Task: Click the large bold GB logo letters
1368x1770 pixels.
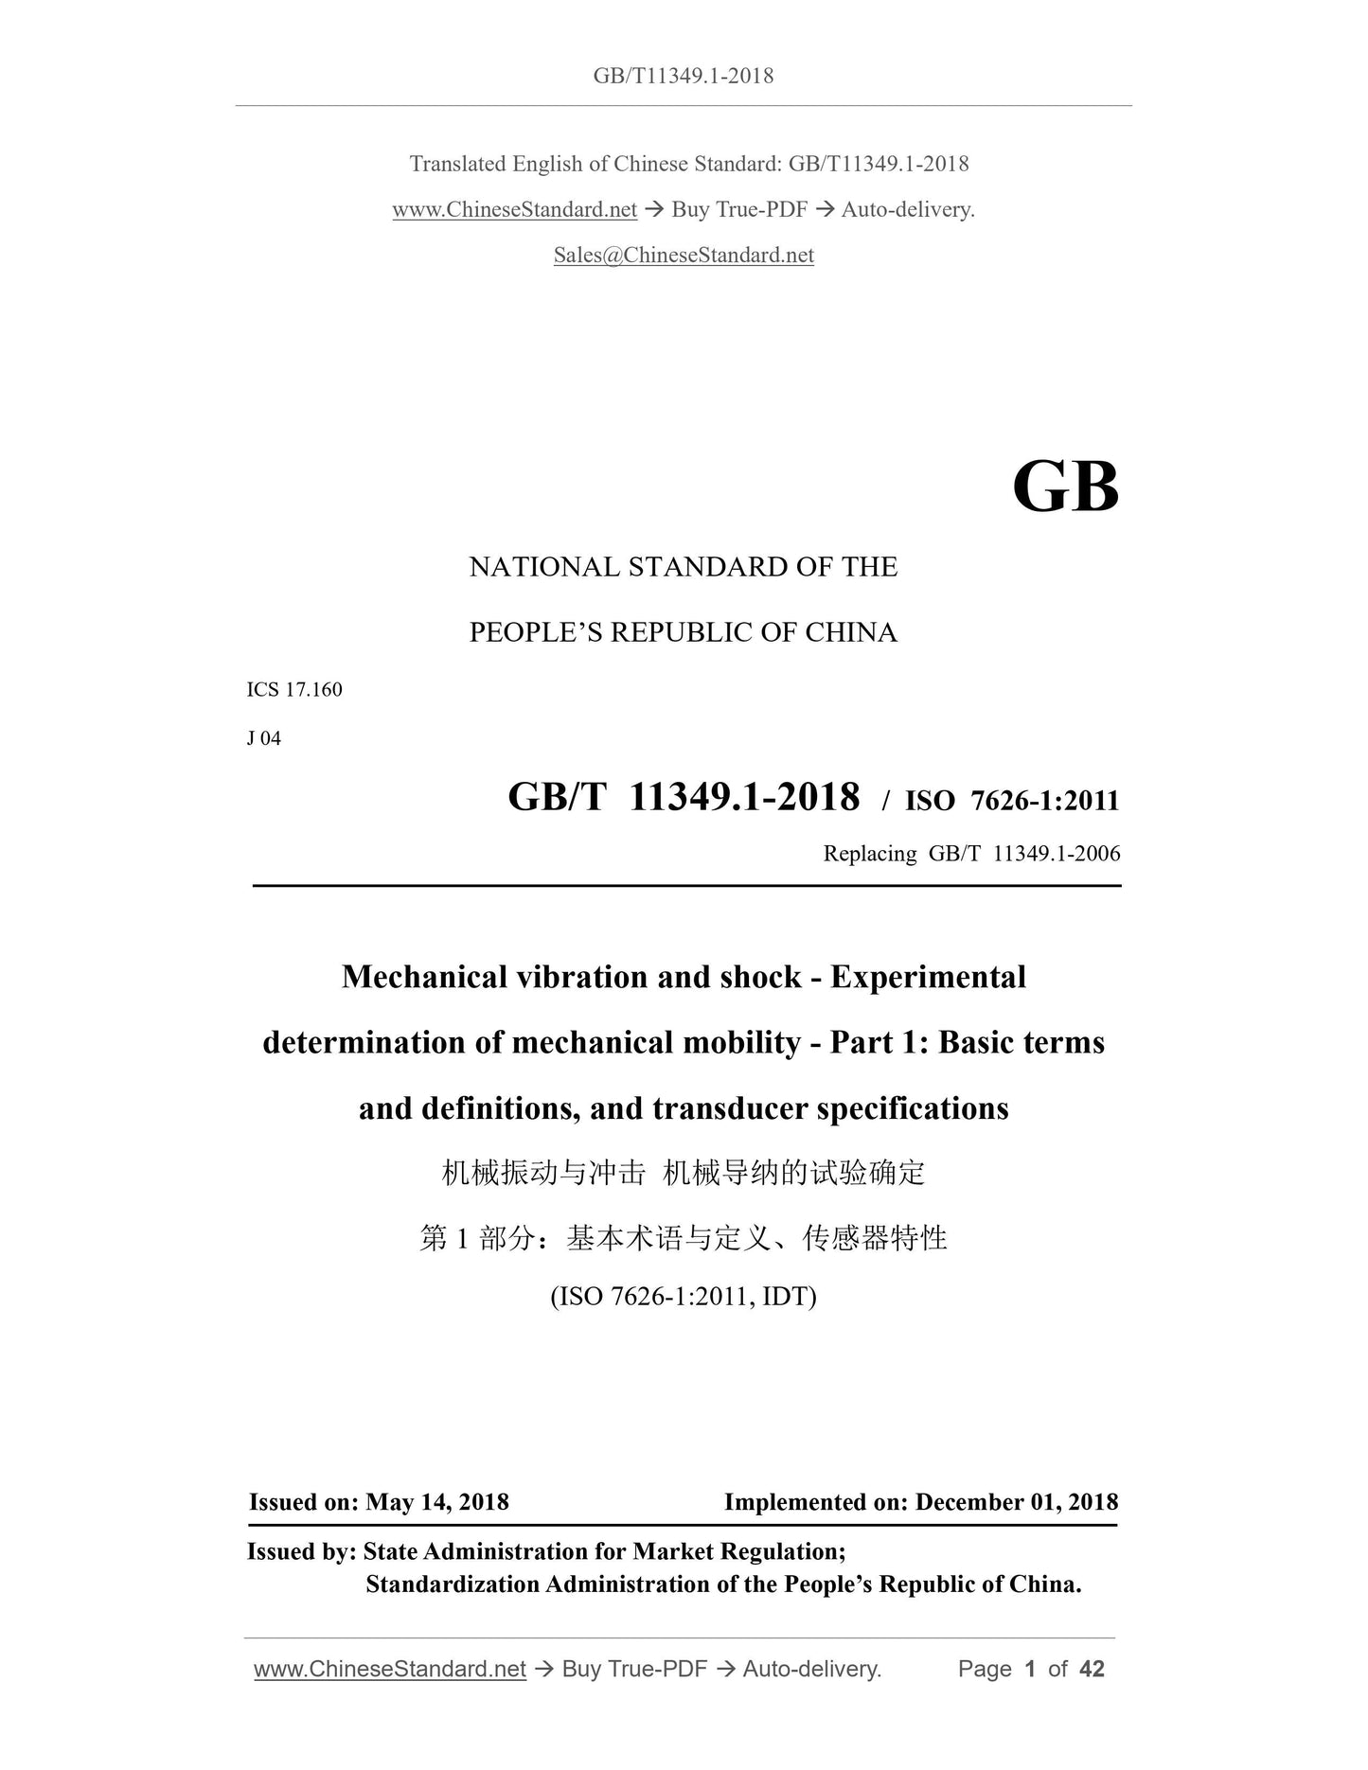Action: [1065, 488]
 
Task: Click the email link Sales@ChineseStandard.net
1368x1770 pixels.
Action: [684, 256]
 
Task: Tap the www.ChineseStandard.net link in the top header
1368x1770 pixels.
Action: [514, 210]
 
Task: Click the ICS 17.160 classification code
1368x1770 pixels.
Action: [294, 690]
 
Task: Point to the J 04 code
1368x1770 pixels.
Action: [264, 738]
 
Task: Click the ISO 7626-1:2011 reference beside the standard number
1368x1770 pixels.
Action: [1012, 802]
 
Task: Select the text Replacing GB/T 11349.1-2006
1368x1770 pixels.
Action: [971, 854]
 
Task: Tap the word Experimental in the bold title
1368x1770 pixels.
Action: [928, 977]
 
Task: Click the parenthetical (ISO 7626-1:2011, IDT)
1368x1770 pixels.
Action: [684, 1296]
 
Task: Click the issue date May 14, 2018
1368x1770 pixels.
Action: [437, 1502]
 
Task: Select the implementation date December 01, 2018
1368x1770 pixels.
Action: [1017, 1502]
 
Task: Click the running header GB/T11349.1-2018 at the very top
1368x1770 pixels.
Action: [684, 76]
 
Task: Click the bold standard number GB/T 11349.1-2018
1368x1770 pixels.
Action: [684, 798]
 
